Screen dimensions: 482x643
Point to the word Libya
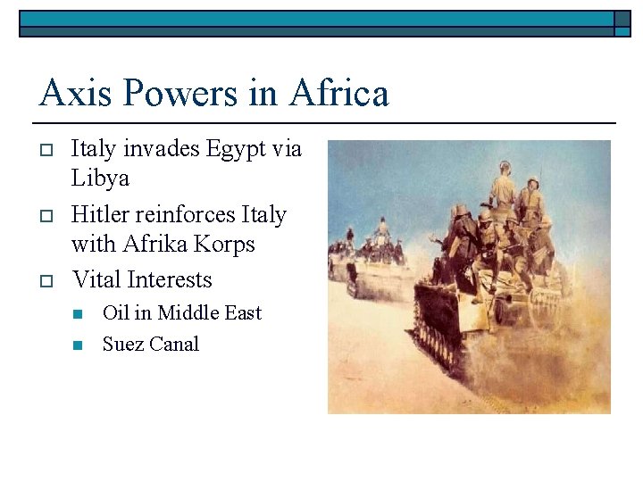click(x=100, y=178)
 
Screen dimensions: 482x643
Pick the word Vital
click(x=96, y=279)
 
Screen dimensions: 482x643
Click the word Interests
click(x=170, y=279)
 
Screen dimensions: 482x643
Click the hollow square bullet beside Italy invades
click(x=44, y=149)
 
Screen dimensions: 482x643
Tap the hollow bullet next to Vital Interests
click(x=44, y=280)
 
